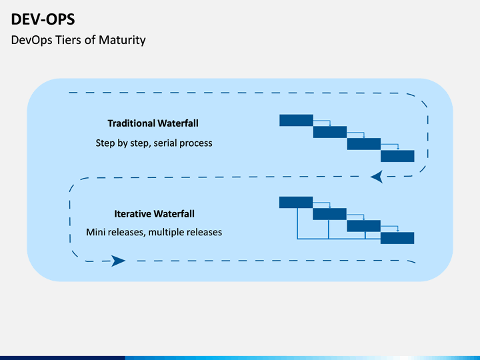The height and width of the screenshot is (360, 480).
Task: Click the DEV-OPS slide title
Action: coord(43,19)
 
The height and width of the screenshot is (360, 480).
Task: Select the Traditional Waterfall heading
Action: coord(153,123)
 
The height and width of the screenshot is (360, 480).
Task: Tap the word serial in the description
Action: coord(165,143)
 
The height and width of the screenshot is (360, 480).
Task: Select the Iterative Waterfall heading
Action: coord(154,214)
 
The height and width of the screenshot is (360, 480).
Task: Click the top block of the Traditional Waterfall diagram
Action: coord(296,120)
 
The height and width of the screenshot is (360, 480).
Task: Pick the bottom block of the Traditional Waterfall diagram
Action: coord(397,156)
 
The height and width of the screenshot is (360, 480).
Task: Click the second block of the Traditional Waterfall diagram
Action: coord(330,132)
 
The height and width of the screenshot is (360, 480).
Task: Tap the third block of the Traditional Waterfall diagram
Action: coord(364,144)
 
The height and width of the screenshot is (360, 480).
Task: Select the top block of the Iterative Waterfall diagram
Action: coord(296,203)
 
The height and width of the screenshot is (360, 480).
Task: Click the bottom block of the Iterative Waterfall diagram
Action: coord(397,238)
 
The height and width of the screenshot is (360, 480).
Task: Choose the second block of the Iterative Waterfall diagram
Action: coord(329,214)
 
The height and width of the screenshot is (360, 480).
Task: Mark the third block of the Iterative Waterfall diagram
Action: coord(364,226)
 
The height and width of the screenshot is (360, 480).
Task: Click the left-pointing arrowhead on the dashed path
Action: coord(377,177)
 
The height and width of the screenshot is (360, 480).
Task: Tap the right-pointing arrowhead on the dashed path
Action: coord(118,261)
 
